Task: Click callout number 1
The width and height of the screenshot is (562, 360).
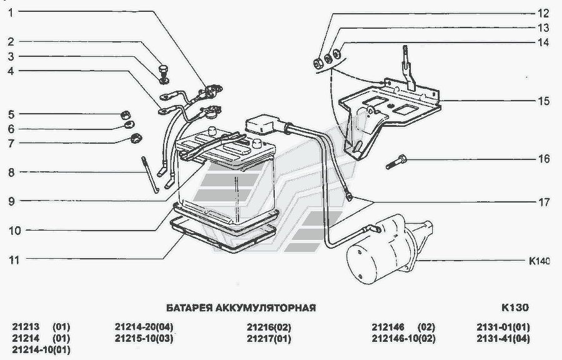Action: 11,11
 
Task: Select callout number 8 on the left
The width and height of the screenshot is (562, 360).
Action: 11,171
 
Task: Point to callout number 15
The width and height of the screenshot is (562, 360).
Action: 543,100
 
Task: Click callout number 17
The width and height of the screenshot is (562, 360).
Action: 543,202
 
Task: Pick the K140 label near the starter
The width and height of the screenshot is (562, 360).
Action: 539,261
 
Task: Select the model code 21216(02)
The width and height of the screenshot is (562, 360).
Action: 269,327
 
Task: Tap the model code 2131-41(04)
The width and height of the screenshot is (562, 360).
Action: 503,339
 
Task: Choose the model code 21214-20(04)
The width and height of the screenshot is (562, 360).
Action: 144,327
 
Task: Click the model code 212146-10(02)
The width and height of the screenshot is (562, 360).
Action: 403,339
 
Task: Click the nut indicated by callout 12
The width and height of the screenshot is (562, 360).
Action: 317,62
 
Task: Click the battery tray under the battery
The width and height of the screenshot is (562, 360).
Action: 225,234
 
